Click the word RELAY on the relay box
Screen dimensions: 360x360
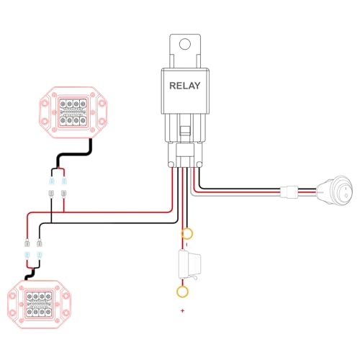click(185, 86)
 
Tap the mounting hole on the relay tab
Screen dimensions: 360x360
click(185, 44)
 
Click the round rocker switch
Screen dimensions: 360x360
click(335, 191)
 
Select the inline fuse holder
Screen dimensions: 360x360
click(189, 265)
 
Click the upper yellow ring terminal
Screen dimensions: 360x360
click(187, 233)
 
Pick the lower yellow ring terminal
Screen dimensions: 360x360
click(182, 292)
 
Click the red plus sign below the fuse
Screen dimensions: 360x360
click(183, 311)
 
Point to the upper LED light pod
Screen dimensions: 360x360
click(73, 112)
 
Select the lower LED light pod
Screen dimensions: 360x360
click(39, 305)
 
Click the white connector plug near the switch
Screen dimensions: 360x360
click(289, 192)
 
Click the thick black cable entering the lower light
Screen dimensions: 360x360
click(30, 274)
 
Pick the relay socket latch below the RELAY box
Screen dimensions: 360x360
click(185, 131)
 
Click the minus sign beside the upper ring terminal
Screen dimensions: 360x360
click(187, 245)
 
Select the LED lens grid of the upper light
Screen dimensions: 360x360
click(73, 112)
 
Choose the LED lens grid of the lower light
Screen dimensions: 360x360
click(39, 304)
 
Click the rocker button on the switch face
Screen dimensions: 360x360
click(346, 191)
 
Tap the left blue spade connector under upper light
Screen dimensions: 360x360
click(51, 181)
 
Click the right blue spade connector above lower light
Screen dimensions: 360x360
click(39, 255)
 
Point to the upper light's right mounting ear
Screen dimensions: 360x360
click(102, 112)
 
